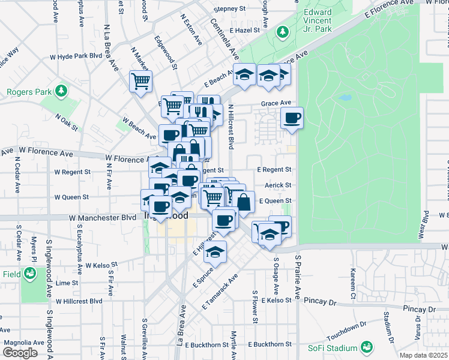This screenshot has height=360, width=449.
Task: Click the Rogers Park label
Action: click(27, 92)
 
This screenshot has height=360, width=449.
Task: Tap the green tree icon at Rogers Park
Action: click(61, 91)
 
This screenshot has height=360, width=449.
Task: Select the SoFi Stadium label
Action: click(328, 348)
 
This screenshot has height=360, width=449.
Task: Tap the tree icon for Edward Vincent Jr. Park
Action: click(282, 31)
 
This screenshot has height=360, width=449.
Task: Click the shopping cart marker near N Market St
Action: click(140, 81)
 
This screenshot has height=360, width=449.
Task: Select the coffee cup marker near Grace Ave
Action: click(292, 118)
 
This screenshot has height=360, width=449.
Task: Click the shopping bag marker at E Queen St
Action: click(243, 202)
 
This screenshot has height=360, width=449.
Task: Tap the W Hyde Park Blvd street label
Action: click(77, 56)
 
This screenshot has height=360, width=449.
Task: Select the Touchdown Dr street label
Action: click(347, 329)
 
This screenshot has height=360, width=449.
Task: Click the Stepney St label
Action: click(231, 9)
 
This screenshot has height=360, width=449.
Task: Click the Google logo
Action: click(20, 353)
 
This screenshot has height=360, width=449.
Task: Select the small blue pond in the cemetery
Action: click(345, 97)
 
